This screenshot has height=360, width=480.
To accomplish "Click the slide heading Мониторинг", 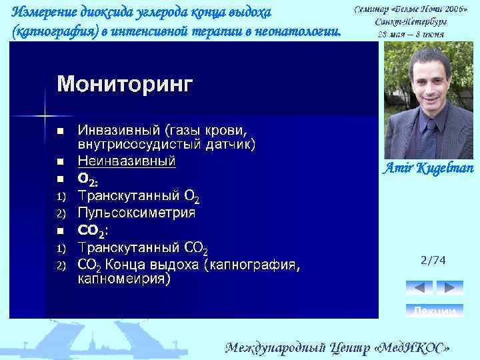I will click(125, 84).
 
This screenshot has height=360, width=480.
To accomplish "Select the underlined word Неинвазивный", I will click(127, 161).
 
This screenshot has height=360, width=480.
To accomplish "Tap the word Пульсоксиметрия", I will click(137, 213).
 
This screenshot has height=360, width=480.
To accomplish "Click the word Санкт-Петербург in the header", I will click(410, 21).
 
